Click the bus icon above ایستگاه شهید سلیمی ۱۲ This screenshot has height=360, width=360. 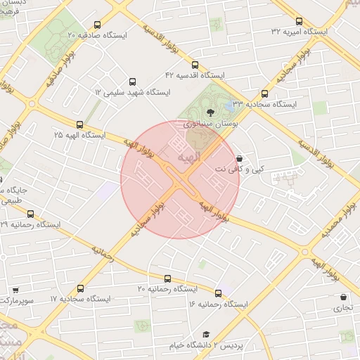132,82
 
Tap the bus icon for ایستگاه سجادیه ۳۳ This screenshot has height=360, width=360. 264,93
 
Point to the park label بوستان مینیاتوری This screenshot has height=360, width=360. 211,122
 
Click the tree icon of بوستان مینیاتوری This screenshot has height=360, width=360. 210,112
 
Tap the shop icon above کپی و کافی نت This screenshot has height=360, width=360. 241,159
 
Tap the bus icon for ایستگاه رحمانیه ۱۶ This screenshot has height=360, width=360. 218,293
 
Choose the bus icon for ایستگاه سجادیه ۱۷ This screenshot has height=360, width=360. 79,288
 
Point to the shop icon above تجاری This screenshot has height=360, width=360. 343,297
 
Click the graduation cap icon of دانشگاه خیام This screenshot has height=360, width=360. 206,334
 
